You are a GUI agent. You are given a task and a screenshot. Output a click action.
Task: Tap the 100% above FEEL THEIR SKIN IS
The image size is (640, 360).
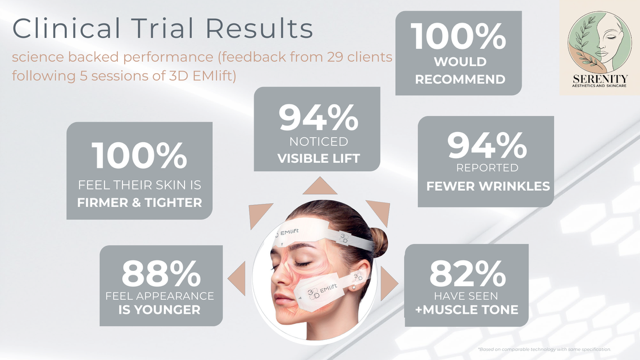[140, 156]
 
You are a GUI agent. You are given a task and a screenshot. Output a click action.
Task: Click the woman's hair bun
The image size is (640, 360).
[379, 241]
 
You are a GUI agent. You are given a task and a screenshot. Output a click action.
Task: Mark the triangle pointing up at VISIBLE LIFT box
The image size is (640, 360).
[318, 186]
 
